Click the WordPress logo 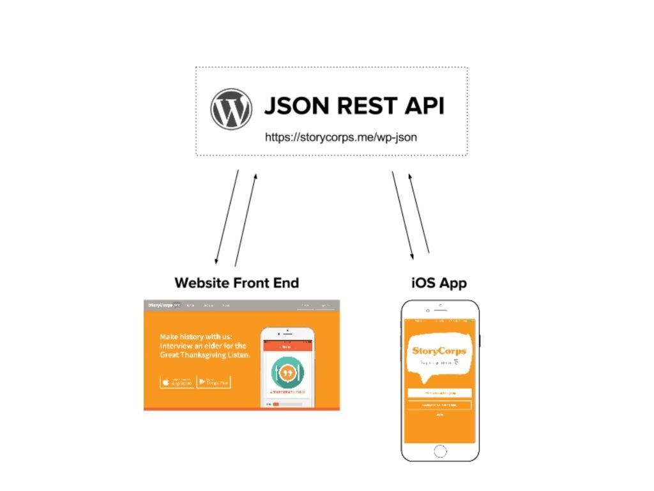pos(232,108)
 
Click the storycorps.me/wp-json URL pos(341,137)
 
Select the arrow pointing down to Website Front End pos(227,217)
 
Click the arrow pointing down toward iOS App pos(402,215)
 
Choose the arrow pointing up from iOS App pos(420,211)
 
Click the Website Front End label pos(236,283)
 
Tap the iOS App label pos(439,283)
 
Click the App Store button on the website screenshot pos(176,382)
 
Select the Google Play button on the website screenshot pos(213,382)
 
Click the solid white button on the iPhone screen pos(439,393)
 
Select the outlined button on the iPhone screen pos(439,405)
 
